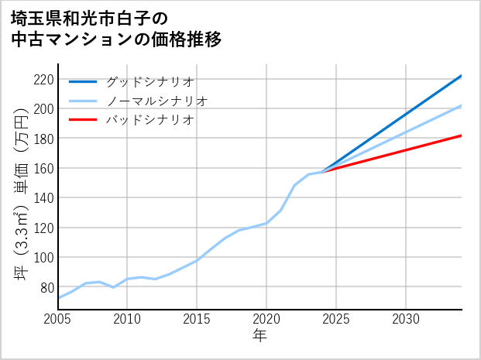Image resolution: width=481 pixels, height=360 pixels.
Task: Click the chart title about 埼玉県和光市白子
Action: tap(116, 28)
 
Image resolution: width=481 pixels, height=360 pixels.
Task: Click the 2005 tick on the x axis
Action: tap(58, 319)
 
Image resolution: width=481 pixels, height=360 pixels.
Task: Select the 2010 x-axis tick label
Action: tap(128, 319)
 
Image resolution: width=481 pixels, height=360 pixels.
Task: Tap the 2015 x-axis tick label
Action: tap(197, 319)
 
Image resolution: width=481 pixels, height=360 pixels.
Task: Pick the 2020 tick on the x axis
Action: tap(266, 319)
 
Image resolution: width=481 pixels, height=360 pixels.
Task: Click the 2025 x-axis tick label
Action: tap(336, 319)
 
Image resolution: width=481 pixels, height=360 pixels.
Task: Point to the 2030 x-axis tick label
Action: tap(406, 319)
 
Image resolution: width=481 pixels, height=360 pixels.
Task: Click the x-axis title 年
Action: tap(260, 336)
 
